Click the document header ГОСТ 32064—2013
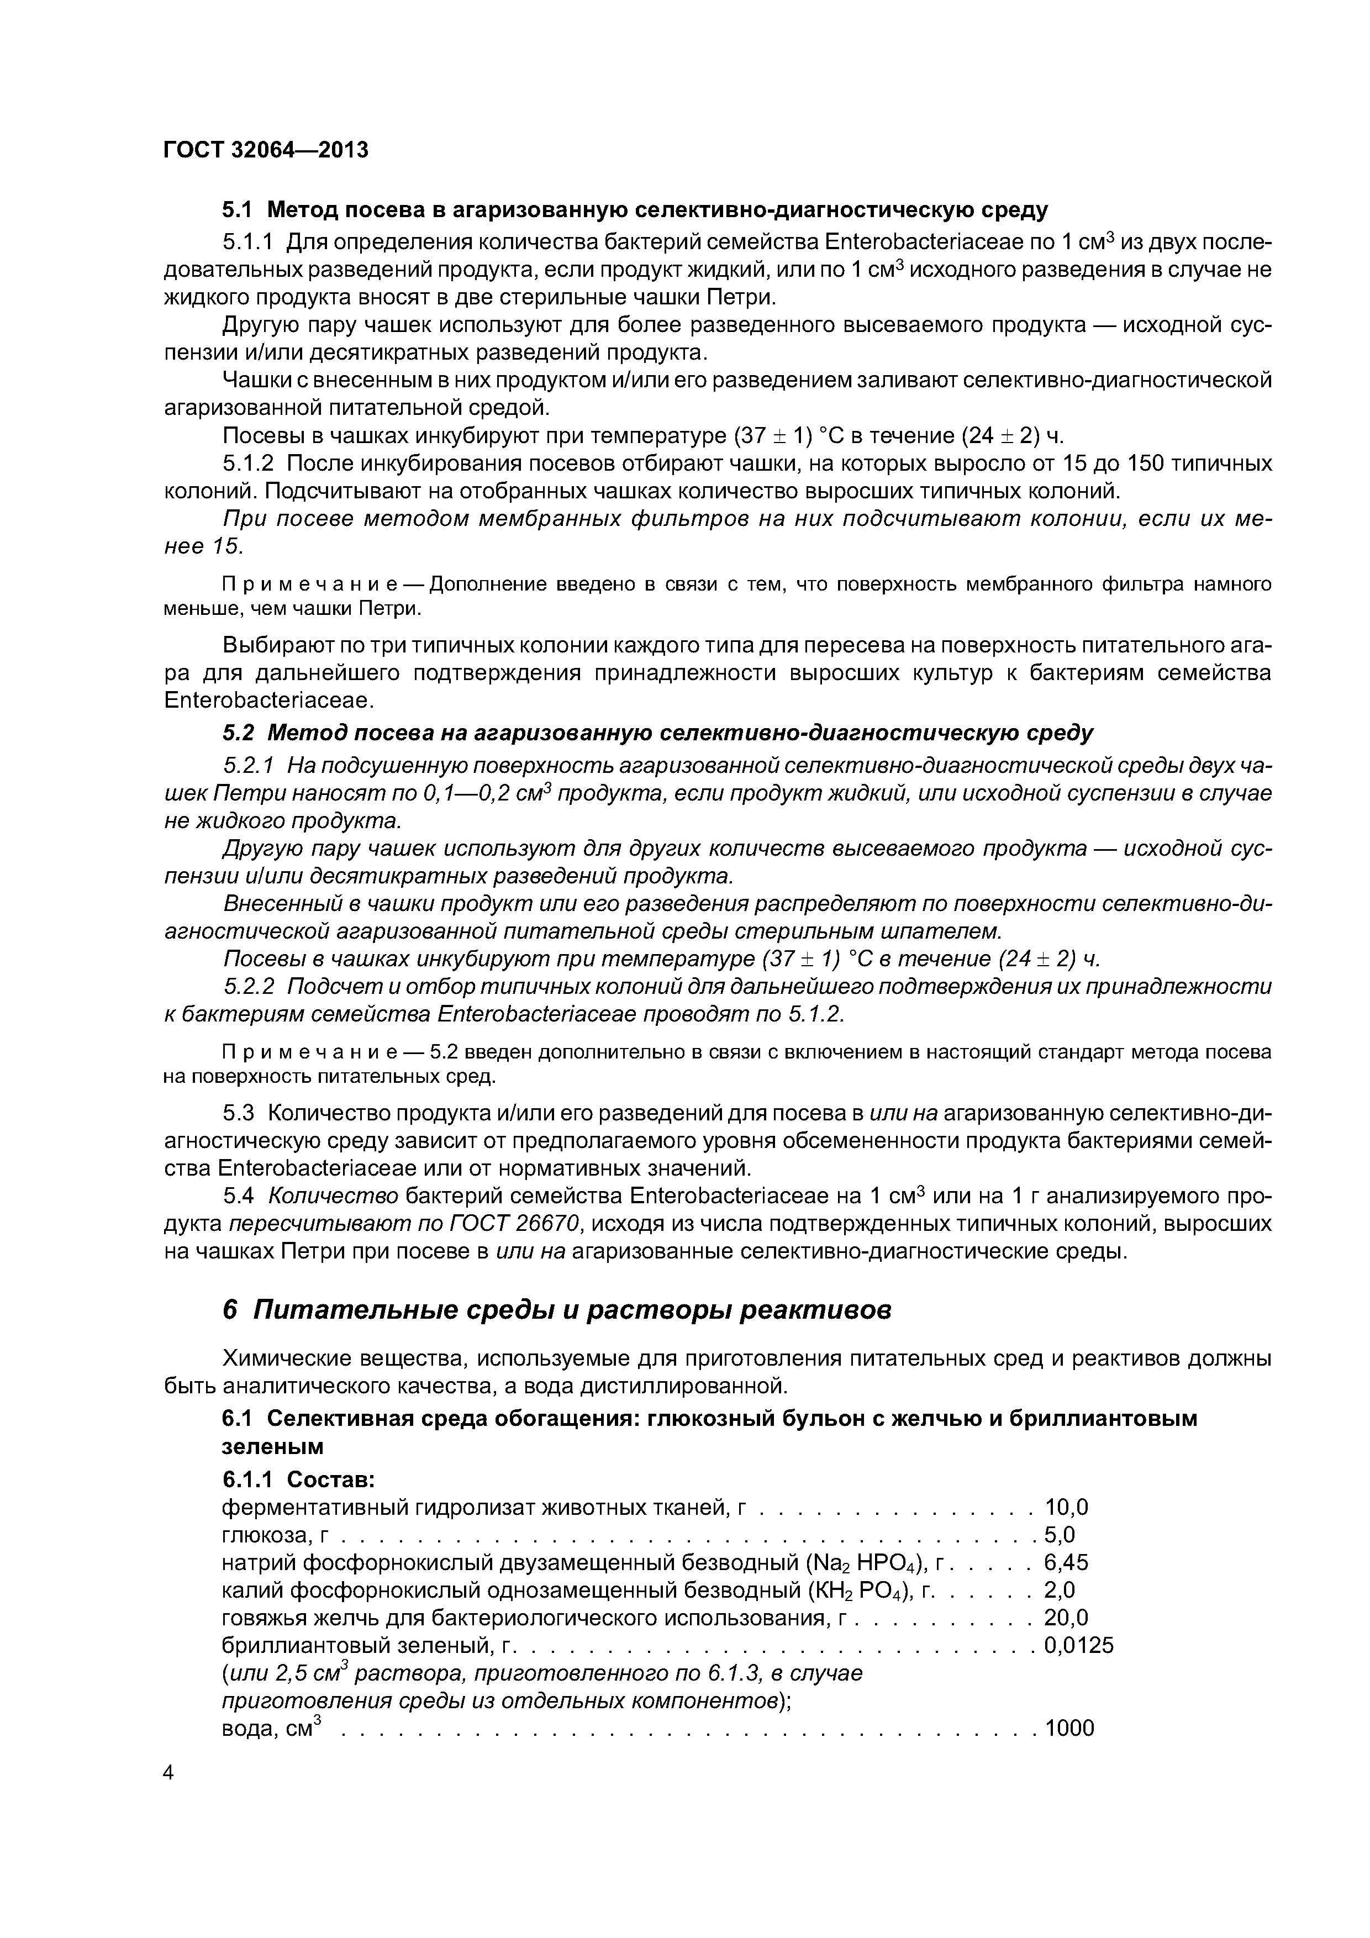click(x=266, y=150)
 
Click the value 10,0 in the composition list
click(x=1066, y=1507)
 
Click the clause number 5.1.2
click(x=248, y=464)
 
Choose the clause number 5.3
click(x=240, y=1113)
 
